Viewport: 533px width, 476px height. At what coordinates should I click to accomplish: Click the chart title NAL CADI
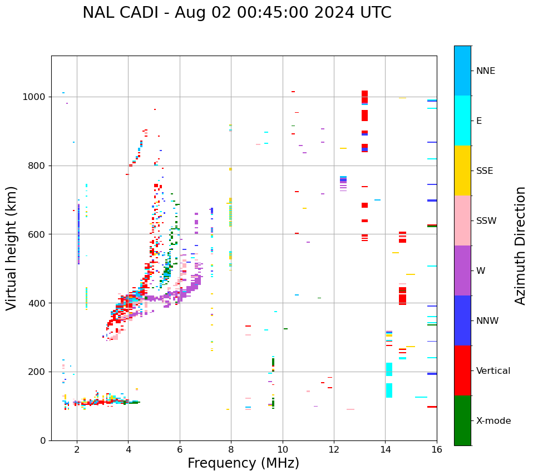coord(236,13)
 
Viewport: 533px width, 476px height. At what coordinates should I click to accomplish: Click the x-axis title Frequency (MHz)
coord(243,463)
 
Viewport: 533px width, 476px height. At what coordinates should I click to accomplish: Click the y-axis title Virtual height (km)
coord(12,248)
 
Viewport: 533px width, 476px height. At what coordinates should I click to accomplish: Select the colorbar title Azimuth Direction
coord(520,245)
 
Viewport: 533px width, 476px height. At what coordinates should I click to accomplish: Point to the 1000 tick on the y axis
coord(37,97)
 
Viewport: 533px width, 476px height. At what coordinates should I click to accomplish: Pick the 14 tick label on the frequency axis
coord(385,449)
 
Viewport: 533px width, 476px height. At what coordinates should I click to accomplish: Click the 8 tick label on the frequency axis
coord(231,449)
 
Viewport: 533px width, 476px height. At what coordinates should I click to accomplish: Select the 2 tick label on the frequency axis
coord(77,449)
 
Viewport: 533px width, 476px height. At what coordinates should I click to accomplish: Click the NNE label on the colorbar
coord(485,71)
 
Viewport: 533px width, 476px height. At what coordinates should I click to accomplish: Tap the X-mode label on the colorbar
coord(493,421)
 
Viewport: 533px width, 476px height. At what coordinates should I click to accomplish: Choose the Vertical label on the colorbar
coord(493,371)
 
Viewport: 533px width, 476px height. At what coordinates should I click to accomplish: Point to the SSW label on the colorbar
coord(486,221)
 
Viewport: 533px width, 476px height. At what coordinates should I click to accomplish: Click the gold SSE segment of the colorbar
coord(462,171)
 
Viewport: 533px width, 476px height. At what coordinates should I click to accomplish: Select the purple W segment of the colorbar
coord(462,270)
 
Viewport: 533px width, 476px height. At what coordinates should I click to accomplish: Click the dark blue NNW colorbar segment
coord(462,320)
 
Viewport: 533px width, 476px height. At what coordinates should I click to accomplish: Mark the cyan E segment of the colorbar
coord(462,121)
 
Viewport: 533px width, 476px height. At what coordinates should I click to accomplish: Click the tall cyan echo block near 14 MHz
coord(389,369)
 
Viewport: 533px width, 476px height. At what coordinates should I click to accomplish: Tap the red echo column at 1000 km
coord(364,97)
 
